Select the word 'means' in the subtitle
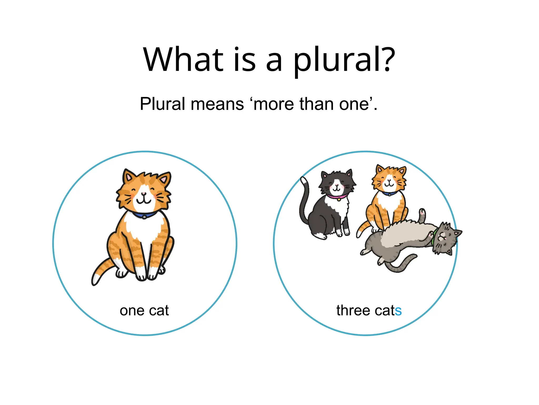217,104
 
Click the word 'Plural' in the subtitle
162,104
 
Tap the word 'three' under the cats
353,310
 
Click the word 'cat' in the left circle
159,311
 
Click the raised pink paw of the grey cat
422,212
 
